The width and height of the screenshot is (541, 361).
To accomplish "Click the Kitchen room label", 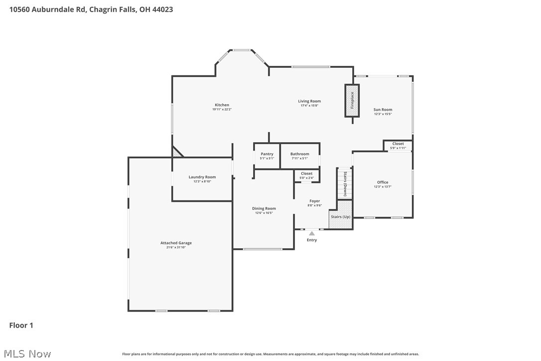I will coord(222,105).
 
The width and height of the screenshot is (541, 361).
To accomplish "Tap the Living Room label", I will coord(309,101).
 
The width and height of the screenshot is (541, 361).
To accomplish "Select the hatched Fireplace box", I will coord(352,101).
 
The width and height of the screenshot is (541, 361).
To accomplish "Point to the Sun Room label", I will coord(383,110).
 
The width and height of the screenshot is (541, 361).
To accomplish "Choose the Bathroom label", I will coord(299,154).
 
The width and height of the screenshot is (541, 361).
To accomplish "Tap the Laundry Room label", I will coord(202,177).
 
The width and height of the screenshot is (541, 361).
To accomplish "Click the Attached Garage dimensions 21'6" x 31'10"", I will coord(176,247).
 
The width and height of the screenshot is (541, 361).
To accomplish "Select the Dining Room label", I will coord(264,208).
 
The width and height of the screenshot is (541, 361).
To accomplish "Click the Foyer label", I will coord(314,201).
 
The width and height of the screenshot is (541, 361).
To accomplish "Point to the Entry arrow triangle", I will coord(312,233).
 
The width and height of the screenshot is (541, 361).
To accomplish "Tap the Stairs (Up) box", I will coord(340,217).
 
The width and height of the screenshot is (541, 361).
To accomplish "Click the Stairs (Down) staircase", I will coord(345,183).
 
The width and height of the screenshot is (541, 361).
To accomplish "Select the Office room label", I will coord(382,182).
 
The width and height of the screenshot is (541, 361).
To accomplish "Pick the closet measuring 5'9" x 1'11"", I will coord(398,146).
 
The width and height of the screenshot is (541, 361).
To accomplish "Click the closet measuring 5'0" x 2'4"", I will coord(306,176).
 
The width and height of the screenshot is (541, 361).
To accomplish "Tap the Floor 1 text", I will coord(21,326).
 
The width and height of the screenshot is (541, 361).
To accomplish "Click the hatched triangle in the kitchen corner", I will coord(176,153).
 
